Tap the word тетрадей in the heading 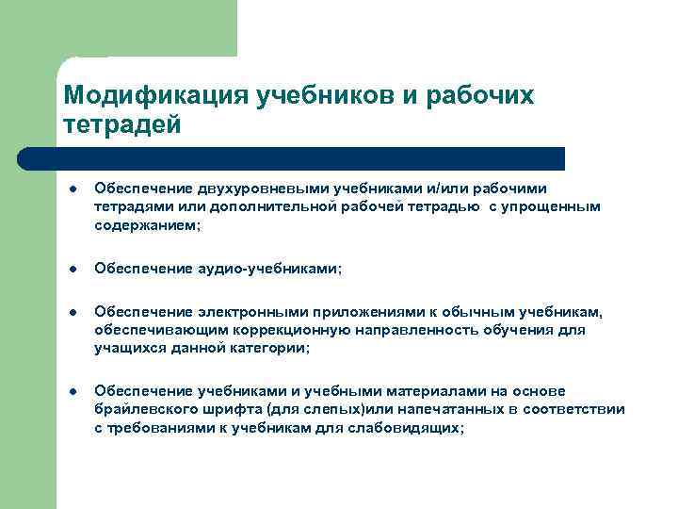click(120, 124)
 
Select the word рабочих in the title click(479, 96)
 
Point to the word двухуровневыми click(244, 189)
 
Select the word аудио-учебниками click(273, 269)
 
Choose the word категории click(269, 348)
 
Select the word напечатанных click(434, 409)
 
